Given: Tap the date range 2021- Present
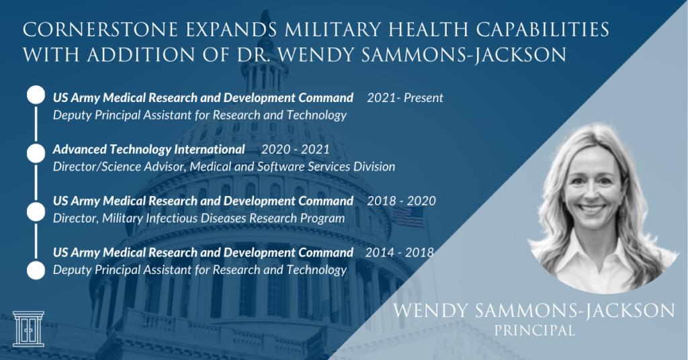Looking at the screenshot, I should click(x=405, y=98).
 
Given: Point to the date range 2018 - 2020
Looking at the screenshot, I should click(x=402, y=201).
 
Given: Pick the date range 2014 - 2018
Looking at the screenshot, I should click(x=400, y=253).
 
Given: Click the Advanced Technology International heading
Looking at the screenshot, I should click(x=148, y=148).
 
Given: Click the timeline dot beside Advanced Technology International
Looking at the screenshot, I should click(x=36, y=153).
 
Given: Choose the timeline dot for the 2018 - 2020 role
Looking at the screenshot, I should click(x=36, y=212).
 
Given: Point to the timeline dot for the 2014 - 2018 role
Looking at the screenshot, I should click(x=36, y=270).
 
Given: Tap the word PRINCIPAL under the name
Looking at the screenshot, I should click(x=534, y=330).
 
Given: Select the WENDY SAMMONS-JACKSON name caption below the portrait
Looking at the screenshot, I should click(x=534, y=311).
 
